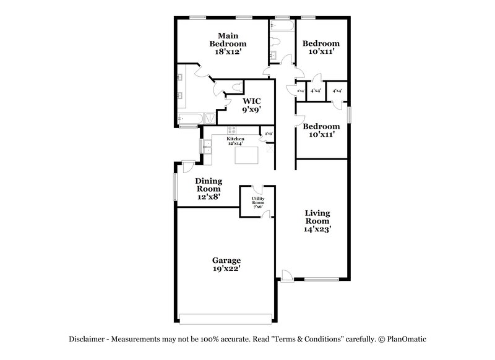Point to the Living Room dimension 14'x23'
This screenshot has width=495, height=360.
pos(317,228)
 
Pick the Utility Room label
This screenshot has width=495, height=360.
pos(257,202)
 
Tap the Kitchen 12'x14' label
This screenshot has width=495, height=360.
pos(236,141)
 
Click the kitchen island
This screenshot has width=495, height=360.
pos(246,155)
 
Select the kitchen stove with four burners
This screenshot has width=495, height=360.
pos(233,131)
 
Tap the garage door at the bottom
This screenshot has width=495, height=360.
pos(225,319)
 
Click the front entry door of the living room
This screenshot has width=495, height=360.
pos(286,275)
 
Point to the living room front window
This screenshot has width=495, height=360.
pos(321,280)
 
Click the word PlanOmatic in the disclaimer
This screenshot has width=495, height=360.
pos(407,340)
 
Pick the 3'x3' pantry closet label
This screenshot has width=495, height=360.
pos(269,133)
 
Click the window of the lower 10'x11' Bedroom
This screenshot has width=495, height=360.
pos(349,116)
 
